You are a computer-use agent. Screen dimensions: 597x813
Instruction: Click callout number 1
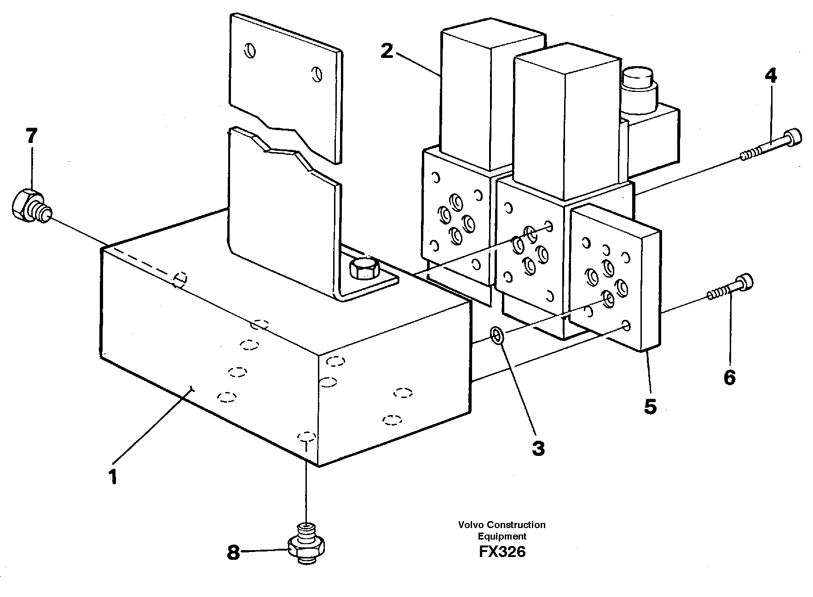point(113,477)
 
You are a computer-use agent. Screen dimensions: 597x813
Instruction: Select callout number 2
point(387,51)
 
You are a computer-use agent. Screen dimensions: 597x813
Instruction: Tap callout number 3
point(538,448)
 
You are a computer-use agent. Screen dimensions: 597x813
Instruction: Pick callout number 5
point(650,406)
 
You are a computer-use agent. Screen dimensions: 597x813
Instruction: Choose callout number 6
point(729,377)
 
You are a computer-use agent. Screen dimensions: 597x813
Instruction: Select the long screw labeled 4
point(773,145)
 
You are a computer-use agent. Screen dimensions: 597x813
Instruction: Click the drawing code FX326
point(502,552)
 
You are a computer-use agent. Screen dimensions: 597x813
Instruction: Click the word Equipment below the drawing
point(502,536)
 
